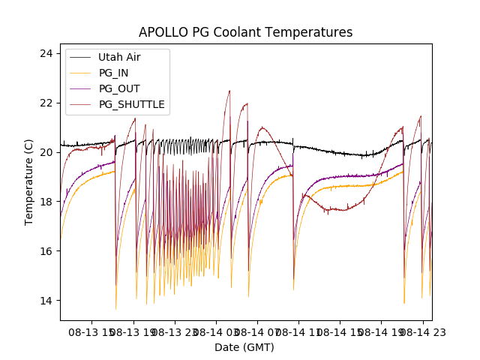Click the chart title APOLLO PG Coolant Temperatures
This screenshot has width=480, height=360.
click(x=245, y=32)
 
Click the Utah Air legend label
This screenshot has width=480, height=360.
click(x=119, y=57)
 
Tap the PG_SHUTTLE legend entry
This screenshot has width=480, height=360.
click(x=131, y=104)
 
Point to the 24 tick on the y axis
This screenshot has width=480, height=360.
click(x=46, y=53)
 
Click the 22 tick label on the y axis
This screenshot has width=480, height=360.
click(x=46, y=103)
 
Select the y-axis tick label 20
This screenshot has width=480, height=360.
click(x=46, y=152)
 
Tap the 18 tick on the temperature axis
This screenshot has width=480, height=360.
click(x=46, y=202)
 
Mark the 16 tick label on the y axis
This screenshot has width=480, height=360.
click(x=46, y=251)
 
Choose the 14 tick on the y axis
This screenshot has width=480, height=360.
click(x=46, y=301)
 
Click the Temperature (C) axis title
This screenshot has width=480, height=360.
click(x=29, y=182)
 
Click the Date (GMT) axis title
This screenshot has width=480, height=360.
click(x=244, y=347)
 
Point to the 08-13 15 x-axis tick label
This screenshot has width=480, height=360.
click(x=91, y=330)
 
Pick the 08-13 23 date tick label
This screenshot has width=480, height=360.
click(x=175, y=330)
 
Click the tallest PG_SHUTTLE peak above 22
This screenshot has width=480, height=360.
click(x=229, y=91)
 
